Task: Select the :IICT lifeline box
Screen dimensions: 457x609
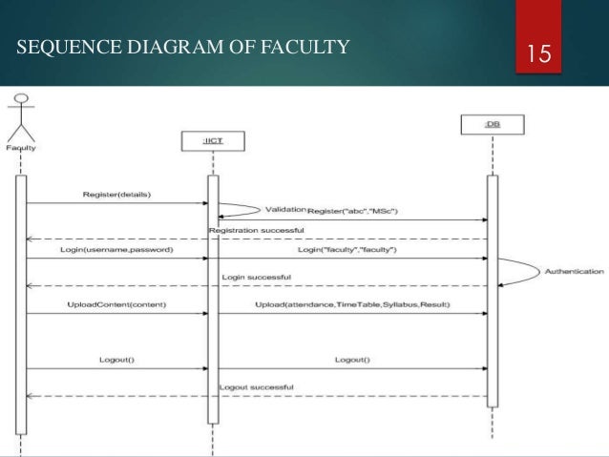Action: point(212,143)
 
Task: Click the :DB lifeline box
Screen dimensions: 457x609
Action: point(492,124)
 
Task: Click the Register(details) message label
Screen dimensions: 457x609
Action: point(116,195)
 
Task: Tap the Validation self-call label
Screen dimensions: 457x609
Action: point(284,208)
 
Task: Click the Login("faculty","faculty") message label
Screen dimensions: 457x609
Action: point(346,249)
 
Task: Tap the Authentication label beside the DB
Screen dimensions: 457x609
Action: point(572,270)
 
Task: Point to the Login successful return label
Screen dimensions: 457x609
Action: point(256,277)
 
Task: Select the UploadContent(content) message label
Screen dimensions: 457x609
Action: point(115,304)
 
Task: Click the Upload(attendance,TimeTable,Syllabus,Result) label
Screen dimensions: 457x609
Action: point(352,304)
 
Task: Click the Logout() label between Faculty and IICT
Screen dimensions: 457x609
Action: point(116,360)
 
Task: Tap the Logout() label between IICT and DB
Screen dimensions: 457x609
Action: point(353,360)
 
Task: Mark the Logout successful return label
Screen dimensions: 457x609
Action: point(256,386)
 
